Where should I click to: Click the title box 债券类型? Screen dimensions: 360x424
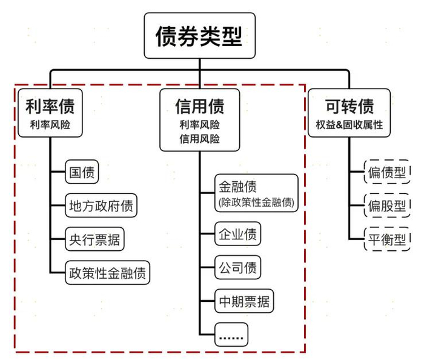click(x=199, y=36)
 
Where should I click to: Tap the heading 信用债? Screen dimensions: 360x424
click(x=199, y=107)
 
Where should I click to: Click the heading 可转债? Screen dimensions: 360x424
click(x=349, y=107)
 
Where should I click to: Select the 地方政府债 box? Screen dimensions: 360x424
click(x=102, y=206)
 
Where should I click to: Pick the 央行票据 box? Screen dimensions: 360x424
click(x=94, y=239)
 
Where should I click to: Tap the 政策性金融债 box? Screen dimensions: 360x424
click(x=107, y=272)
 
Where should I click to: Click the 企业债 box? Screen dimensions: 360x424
click(x=237, y=234)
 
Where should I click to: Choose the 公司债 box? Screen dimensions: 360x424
click(x=237, y=267)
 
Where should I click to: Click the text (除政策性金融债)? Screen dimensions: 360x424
click(x=256, y=202)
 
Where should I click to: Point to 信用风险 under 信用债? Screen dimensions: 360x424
click(x=199, y=139)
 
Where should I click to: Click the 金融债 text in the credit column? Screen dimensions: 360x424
click(x=237, y=187)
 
